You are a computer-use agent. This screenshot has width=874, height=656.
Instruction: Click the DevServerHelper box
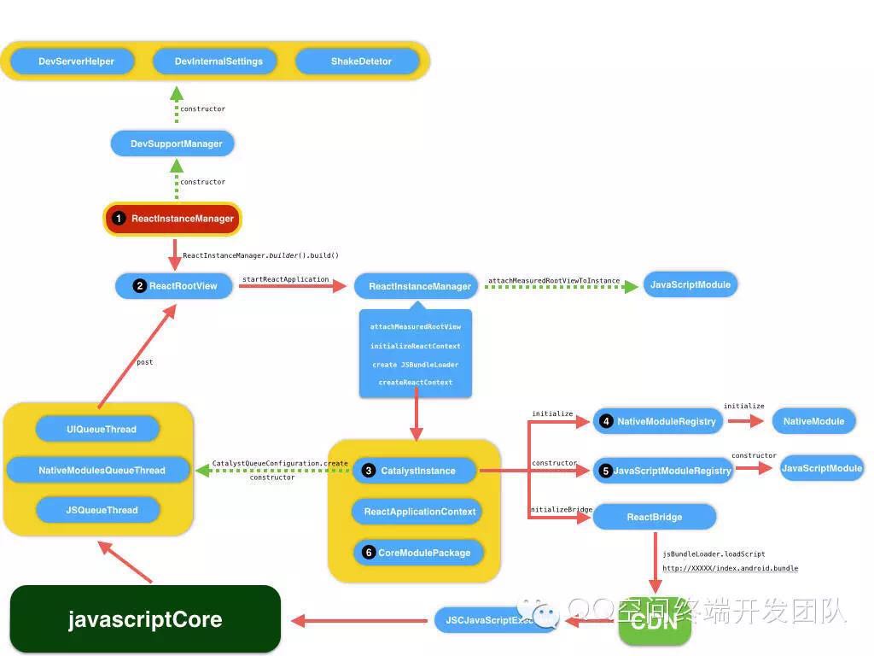tap(76, 61)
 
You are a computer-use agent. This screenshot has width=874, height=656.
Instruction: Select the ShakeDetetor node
tap(361, 61)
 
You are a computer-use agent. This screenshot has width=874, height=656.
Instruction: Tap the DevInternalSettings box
tap(218, 61)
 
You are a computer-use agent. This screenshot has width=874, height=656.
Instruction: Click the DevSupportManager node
tap(176, 143)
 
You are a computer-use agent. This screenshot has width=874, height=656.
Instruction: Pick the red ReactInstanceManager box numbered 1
tap(173, 219)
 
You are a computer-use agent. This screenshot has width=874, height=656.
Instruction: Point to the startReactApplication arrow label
tap(285, 279)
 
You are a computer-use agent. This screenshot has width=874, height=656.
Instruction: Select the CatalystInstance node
tap(417, 471)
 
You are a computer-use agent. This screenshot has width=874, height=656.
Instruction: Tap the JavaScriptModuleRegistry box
tap(663, 471)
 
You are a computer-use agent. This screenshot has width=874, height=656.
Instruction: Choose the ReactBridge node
tap(655, 517)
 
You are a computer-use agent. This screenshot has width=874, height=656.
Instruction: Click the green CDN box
tap(655, 622)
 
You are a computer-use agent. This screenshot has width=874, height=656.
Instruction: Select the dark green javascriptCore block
tap(145, 619)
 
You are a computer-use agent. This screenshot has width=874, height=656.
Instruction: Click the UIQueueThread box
tap(101, 429)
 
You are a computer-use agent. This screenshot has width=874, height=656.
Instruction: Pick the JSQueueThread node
tap(101, 510)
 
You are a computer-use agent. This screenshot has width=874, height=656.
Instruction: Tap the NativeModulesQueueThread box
tap(101, 470)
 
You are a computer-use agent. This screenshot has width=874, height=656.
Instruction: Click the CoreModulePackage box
tap(417, 553)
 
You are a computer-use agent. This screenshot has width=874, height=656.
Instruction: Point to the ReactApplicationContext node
tap(418, 512)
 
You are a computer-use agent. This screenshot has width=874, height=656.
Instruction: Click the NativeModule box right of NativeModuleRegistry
tap(813, 421)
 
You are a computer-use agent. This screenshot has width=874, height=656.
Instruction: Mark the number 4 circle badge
tap(606, 421)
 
